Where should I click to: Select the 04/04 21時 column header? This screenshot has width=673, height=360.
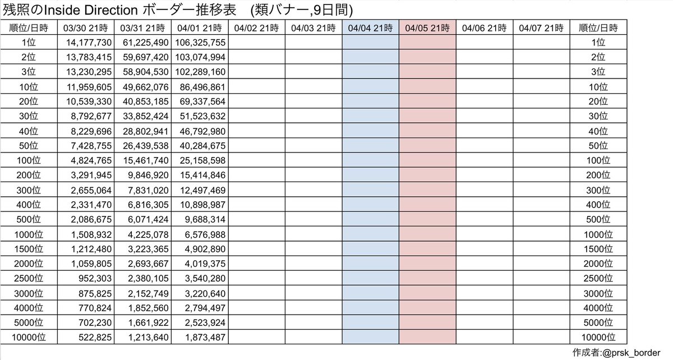pos(370,27)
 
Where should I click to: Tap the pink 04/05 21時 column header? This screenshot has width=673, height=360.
pos(427,27)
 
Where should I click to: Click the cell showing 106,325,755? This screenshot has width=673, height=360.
pos(201,42)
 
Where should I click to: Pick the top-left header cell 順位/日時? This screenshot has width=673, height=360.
pos(29,27)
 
